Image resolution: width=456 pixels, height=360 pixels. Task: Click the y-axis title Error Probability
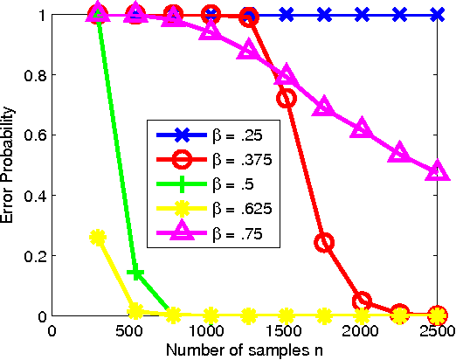coord(10,165)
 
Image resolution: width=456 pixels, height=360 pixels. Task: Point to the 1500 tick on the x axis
coord(284,331)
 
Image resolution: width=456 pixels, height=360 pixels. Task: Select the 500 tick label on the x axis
coord(130,331)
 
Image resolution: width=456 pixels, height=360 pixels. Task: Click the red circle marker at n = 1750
coord(324,243)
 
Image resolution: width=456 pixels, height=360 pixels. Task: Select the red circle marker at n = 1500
coord(286,99)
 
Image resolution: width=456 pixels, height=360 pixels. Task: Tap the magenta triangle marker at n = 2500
coord(438,172)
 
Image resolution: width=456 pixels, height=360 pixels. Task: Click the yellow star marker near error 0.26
coord(97,238)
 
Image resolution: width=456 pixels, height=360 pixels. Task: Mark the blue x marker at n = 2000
coord(362,15)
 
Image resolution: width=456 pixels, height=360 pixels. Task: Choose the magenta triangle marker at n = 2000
coord(362,129)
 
